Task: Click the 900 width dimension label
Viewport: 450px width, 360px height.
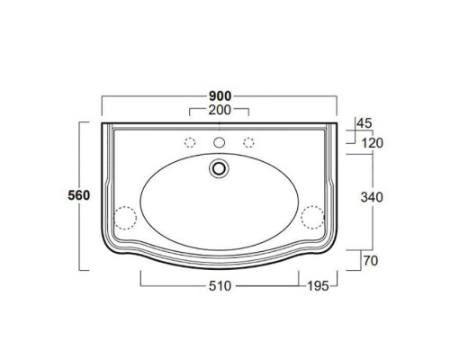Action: point(220,96)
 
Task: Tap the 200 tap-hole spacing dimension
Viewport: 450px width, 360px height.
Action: point(220,110)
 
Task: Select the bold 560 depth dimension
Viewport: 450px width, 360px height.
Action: point(79,195)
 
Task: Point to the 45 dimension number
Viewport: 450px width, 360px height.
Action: point(364,123)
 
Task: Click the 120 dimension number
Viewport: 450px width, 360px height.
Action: point(373,143)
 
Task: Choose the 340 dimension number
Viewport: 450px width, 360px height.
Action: point(372,197)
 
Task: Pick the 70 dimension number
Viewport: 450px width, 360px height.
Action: point(371,261)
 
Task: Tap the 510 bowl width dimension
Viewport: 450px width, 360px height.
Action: point(220,286)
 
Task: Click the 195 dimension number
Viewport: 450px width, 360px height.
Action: point(319,286)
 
